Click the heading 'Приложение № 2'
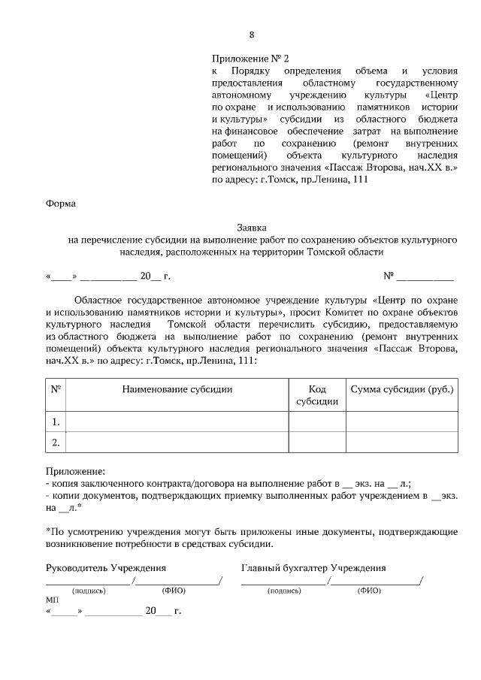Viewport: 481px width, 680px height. coord(250,58)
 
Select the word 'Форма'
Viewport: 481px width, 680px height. coord(60,203)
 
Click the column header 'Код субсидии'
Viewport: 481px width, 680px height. coord(316,395)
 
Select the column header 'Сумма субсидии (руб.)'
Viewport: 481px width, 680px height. coord(401,389)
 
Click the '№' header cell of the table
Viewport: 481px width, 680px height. coord(56,389)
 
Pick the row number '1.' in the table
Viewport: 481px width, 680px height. coord(56,422)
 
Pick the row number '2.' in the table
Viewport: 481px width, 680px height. coord(56,443)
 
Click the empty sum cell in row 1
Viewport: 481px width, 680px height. coord(401,422)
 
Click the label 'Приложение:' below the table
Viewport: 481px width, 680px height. coord(76,471)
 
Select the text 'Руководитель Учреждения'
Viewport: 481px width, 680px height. coord(106,568)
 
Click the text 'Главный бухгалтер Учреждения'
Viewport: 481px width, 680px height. coord(313,568)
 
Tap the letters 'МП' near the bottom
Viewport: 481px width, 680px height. coord(52,601)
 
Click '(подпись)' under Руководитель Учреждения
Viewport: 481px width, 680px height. coord(89,591)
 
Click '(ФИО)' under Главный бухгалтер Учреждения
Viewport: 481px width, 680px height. coord(369,591)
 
